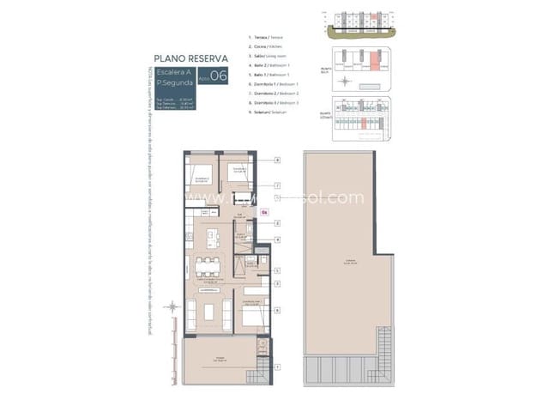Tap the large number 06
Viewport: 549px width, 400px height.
(220, 76)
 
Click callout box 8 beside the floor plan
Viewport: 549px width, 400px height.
(278, 161)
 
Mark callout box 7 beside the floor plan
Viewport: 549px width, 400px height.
(278, 185)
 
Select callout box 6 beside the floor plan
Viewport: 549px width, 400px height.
(278, 309)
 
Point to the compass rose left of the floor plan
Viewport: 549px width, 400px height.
(172, 306)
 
